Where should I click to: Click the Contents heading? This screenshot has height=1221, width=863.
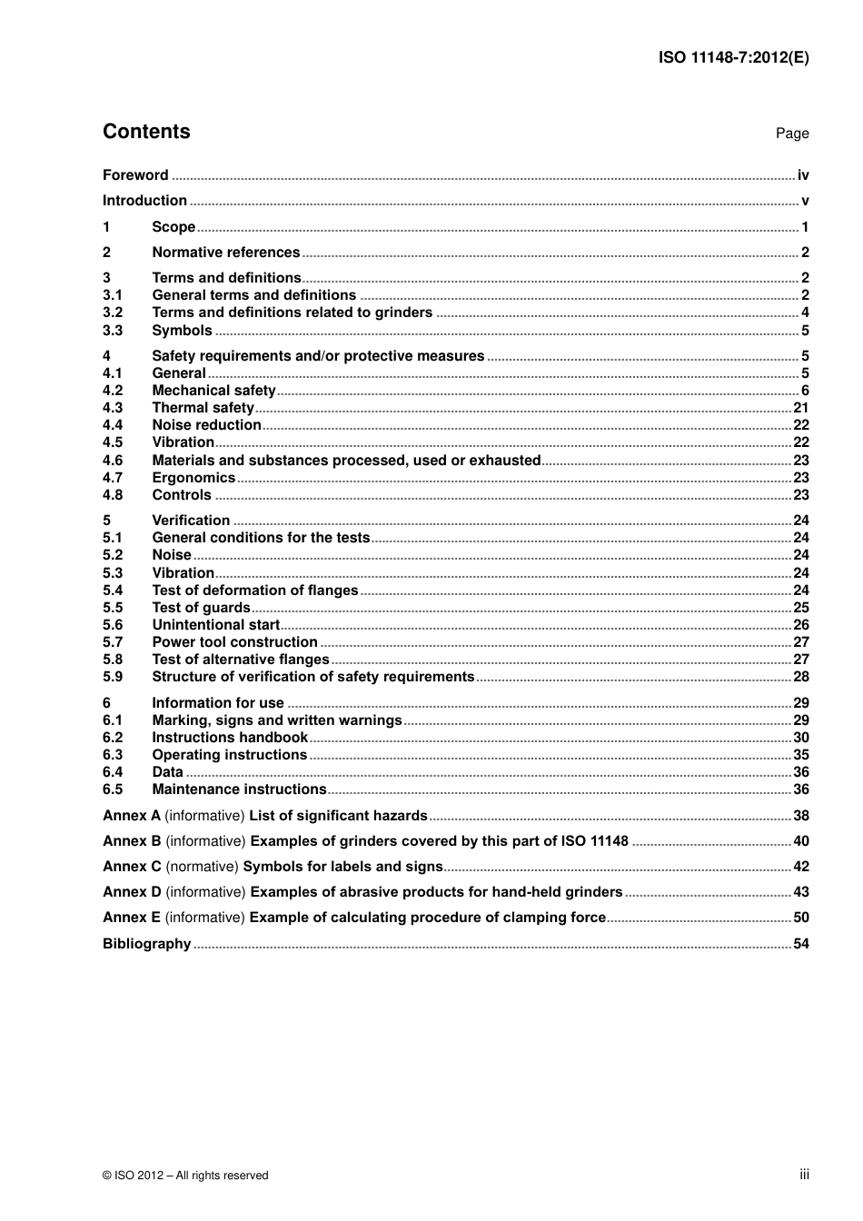(x=146, y=132)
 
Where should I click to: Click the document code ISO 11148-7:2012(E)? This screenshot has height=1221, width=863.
(x=733, y=57)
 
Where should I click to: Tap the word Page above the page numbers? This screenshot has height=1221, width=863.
(x=791, y=134)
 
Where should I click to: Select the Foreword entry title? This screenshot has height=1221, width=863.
(x=135, y=175)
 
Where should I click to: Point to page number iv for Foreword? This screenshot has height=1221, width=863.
(x=803, y=175)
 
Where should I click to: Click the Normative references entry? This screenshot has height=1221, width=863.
(x=225, y=253)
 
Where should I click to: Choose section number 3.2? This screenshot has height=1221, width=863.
(x=113, y=313)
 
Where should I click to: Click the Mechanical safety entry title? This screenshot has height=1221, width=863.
(x=213, y=391)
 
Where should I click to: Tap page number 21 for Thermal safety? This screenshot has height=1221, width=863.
(x=800, y=408)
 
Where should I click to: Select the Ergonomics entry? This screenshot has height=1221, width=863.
(x=193, y=478)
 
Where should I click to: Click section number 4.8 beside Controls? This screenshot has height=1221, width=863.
(x=113, y=495)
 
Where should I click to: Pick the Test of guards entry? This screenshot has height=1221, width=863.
(x=201, y=608)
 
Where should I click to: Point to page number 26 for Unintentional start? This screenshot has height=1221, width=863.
(x=800, y=625)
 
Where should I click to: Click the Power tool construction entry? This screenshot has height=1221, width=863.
(x=234, y=642)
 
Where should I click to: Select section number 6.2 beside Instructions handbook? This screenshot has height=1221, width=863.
(x=113, y=738)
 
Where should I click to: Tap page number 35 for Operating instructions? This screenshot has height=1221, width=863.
(x=800, y=755)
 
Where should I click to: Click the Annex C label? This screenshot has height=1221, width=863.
(x=132, y=867)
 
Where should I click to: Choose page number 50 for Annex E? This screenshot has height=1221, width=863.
(x=800, y=918)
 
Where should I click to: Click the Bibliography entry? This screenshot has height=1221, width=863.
(x=146, y=944)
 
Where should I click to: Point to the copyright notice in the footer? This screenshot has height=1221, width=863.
(x=185, y=1176)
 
